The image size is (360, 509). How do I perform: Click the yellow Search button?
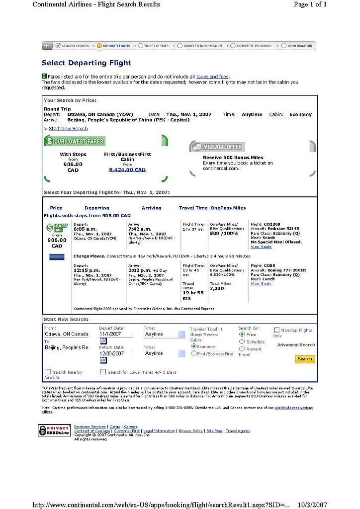[x=304, y=359]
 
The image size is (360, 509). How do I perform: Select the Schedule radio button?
[x=242, y=342]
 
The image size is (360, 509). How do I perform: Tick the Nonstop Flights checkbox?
[x=276, y=330]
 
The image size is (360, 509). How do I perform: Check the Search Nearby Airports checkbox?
[x=48, y=372]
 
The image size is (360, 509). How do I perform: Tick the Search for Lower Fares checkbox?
[x=103, y=372]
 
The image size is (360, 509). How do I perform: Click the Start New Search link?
[x=68, y=129]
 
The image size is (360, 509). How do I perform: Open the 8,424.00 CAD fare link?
[x=127, y=170]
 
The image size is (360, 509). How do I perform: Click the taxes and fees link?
[x=212, y=77]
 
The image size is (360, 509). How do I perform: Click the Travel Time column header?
[x=193, y=208]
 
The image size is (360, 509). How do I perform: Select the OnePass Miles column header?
[x=228, y=208]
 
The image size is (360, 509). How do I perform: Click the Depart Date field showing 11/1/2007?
[x=116, y=335]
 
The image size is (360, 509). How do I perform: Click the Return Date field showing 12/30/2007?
[x=116, y=353]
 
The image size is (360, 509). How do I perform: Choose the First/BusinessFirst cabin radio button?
[x=194, y=353]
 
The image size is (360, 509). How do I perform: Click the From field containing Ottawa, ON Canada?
[x=67, y=335]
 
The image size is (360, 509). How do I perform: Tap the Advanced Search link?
[x=296, y=345]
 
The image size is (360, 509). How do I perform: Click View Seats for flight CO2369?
[x=261, y=247]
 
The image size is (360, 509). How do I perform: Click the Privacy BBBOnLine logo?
[x=54, y=430]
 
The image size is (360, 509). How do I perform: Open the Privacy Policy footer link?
[x=190, y=431]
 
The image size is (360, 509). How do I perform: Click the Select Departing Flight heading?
[x=87, y=63]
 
